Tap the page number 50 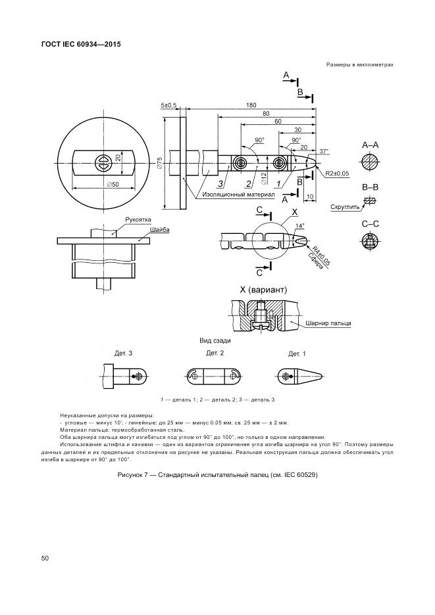coord(45,558)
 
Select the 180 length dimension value coord(251,105)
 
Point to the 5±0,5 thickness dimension coord(168,105)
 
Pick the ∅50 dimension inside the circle coord(113,184)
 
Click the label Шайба coord(160,230)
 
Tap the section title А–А coord(371,145)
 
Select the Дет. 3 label coord(123,353)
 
